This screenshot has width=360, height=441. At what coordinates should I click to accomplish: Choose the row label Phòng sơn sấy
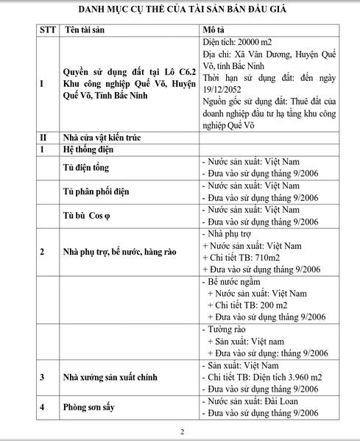pyautogui.click(x=92, y=407)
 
